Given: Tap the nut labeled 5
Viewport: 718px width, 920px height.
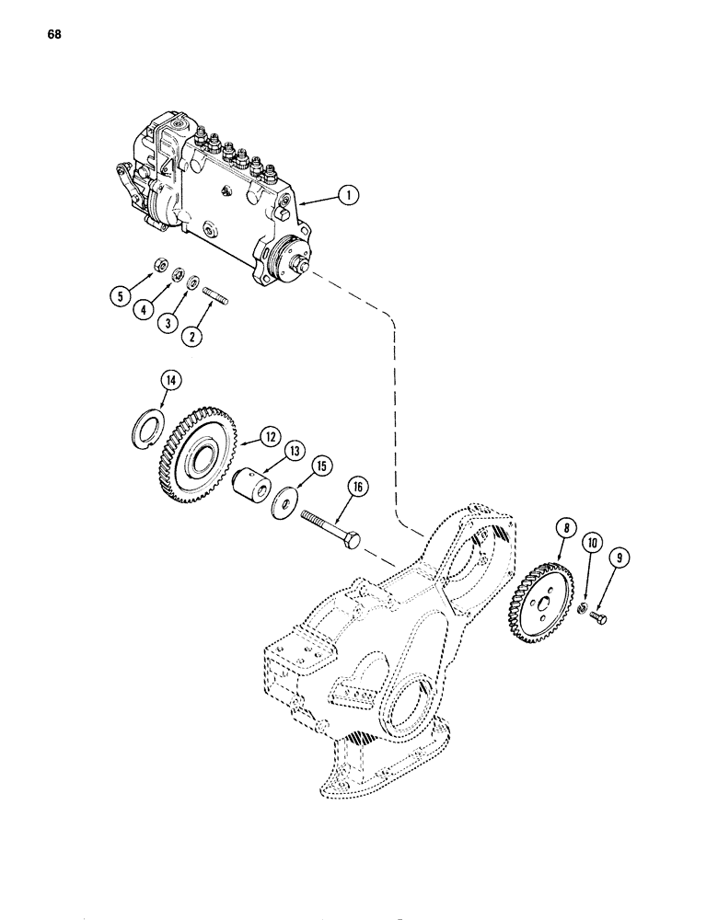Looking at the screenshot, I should [x=158, y=268].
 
